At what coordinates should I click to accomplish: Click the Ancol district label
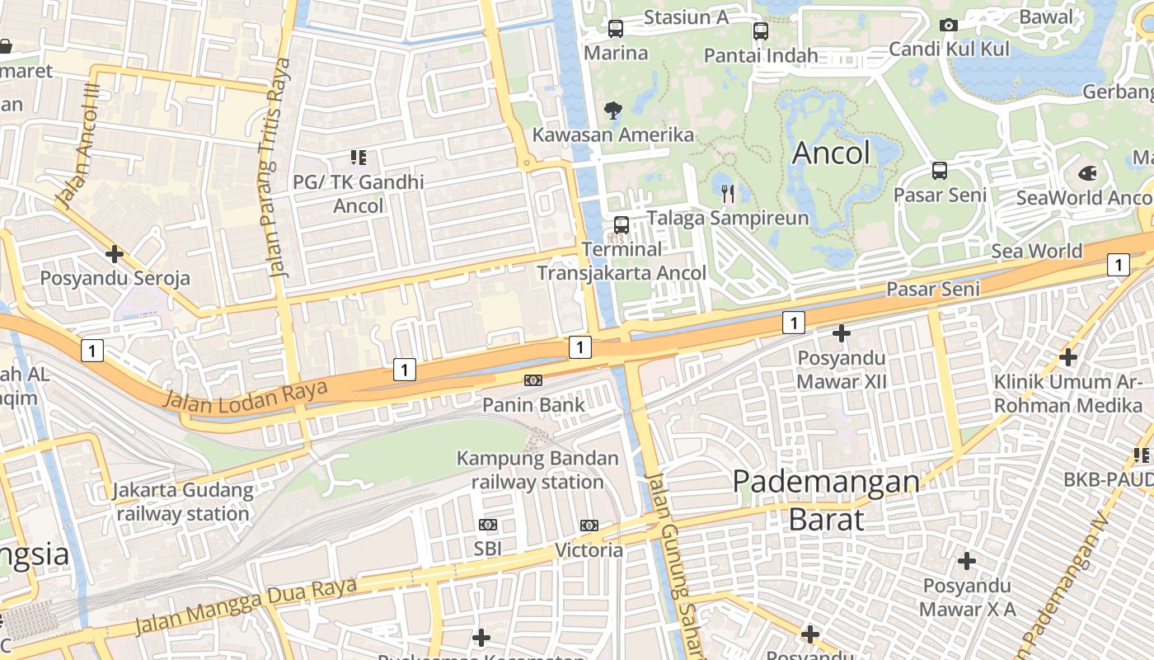tap(831, 153)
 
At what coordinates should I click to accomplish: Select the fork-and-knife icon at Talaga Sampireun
tap(728, 194)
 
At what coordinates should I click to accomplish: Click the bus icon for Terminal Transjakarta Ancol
tap(622, 224)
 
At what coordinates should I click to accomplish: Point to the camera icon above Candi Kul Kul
tap(949, 25)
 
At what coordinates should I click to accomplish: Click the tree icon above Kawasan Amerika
tap(612, 110)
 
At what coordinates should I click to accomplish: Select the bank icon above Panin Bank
tap(533, 380)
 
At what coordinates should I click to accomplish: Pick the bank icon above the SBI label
tap(488, 525)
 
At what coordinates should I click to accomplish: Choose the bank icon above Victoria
tap(589, 526)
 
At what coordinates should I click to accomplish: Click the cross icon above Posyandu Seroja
tap(115, 254)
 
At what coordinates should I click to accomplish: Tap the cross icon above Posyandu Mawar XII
tap(841, 333)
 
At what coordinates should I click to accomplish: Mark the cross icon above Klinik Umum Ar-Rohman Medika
tap(1068, 357)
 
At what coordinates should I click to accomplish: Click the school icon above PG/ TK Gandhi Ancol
tap(358, 157)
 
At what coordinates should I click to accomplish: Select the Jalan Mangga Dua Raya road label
tap(246, 606)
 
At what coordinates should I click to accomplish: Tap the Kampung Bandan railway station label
tap(537, 470)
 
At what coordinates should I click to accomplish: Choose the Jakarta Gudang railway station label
tap(183, 502)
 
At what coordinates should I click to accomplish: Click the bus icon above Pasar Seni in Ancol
tap(940, 171)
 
